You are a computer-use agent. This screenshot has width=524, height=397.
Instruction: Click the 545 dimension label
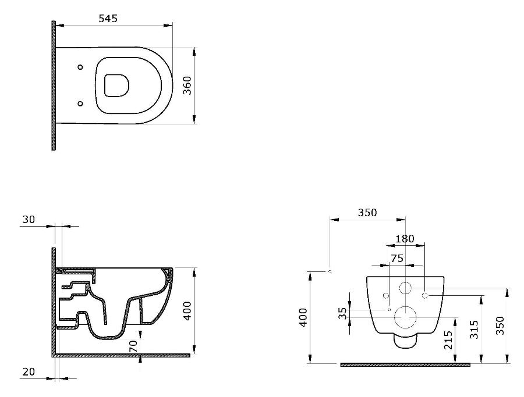click(108, 19)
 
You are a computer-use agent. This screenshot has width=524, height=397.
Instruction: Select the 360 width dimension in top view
click(187, 85)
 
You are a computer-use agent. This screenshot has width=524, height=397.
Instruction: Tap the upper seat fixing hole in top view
click(80, 67)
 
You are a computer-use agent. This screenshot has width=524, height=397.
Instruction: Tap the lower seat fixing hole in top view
click(80, 103)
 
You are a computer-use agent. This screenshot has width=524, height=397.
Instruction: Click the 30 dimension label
click(29, 220)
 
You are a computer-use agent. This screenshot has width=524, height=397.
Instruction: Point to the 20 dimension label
click(29, 371)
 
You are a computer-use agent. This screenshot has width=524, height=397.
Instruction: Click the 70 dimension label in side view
click(133, 346)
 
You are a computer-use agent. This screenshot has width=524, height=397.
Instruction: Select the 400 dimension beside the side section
click(187, 311)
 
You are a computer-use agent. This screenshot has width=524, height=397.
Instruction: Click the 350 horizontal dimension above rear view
click(367, 213)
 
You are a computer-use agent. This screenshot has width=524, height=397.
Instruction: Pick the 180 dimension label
click(405, 239)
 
